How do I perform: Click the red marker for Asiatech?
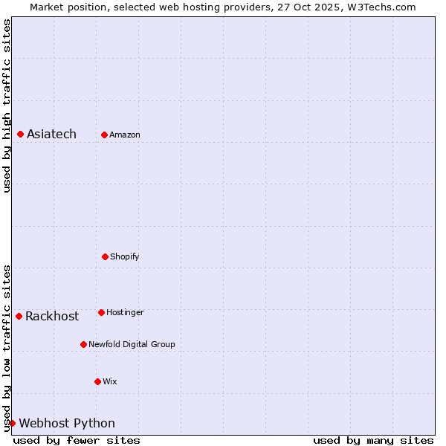pos(20,134)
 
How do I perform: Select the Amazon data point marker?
pos(104,135)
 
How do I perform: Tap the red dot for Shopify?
pos(105,256)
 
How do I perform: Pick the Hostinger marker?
pos(101,312)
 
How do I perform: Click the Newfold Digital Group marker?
pos(83,344)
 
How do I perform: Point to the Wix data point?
pos(97,381)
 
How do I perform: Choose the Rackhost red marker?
pos(19,316)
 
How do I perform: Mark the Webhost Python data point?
pos(12,423)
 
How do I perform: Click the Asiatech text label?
pos(51,135)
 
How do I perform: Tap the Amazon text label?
pos(125,135)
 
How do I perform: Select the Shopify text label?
pos(125,257)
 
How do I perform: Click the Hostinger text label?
pos(125,313)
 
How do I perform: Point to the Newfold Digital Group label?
pos(132,345)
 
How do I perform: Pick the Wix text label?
pos(110,382)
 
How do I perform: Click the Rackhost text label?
pos(52,317)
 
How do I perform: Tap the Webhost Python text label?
pos(67,424)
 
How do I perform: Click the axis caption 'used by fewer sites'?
pos(77,440)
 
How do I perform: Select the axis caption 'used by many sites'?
pos(373,440)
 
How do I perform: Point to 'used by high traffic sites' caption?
pos(7,106)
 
